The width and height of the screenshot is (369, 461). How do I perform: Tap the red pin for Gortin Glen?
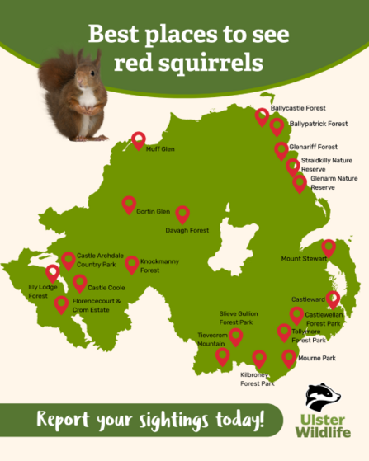click(x=129, y=205)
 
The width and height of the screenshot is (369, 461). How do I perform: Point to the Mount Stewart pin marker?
click(x=329, y=247)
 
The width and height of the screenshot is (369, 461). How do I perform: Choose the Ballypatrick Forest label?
click(x=319, y=124)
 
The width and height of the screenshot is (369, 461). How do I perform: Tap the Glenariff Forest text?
click(x=313, y=147)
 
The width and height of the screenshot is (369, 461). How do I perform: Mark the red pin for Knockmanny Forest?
click(x=131, y=264)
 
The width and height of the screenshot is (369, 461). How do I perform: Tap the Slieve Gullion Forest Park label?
click(x=239, y=318)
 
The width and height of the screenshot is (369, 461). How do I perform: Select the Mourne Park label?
click(x=318, y=359)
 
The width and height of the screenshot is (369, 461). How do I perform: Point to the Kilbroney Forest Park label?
click(x=257, y=379)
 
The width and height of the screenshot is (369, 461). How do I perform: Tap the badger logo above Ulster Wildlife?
click(x=323, y=397)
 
